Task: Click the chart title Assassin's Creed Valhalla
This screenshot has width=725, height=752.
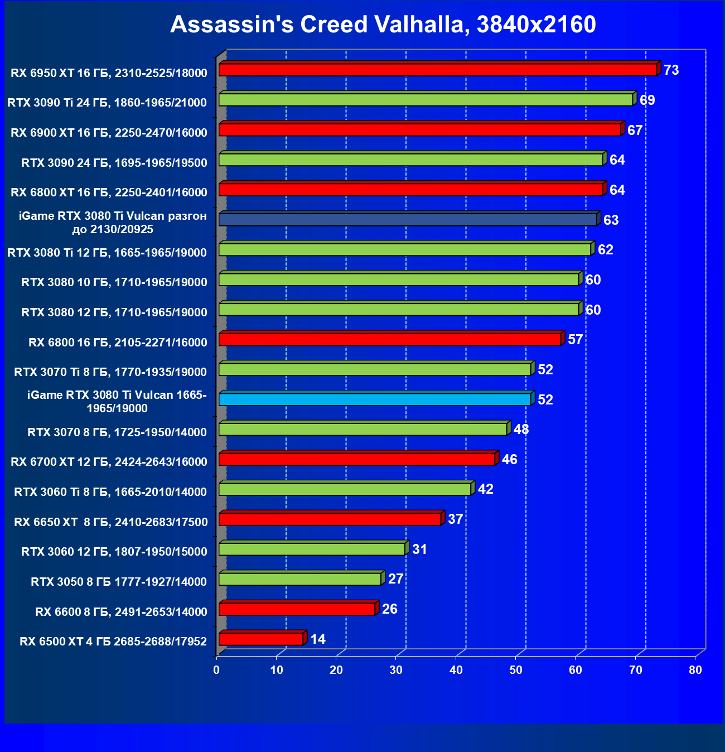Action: [x=383, y=25]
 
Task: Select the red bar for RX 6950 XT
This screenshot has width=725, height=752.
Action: [x=438, y=70]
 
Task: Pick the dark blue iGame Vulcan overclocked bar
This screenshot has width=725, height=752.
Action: [x=408, y=219]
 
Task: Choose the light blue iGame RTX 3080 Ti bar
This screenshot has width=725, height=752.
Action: [x=375, y=399]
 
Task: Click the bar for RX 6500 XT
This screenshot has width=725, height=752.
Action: [x=260, y=639]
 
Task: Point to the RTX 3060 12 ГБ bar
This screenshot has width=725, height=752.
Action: [x=312, y=549]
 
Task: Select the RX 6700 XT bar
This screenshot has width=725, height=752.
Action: [x=357, y=459]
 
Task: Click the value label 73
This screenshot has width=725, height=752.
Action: [x=671, y=70]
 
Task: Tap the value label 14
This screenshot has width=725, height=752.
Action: [x=318, y=639]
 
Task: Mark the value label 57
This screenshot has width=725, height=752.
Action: [x=575, y=340]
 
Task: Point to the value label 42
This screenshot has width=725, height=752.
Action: [x=486, y=489]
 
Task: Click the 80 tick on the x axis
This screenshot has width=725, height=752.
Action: [x=695, y=670]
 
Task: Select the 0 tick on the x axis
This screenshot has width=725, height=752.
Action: [x=216, y=670]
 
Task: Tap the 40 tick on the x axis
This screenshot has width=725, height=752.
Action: [x=456, y=670]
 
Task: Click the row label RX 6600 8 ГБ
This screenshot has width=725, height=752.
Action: [x=121, y=612]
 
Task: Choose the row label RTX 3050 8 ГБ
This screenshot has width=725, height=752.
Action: [x=119, y=582]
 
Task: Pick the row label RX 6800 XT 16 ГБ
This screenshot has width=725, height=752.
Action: [x=109, y=192]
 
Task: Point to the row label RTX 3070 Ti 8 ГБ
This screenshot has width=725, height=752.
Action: [x=110, y=372]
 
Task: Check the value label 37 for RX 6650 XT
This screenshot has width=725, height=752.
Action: [x=456, y=519]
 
